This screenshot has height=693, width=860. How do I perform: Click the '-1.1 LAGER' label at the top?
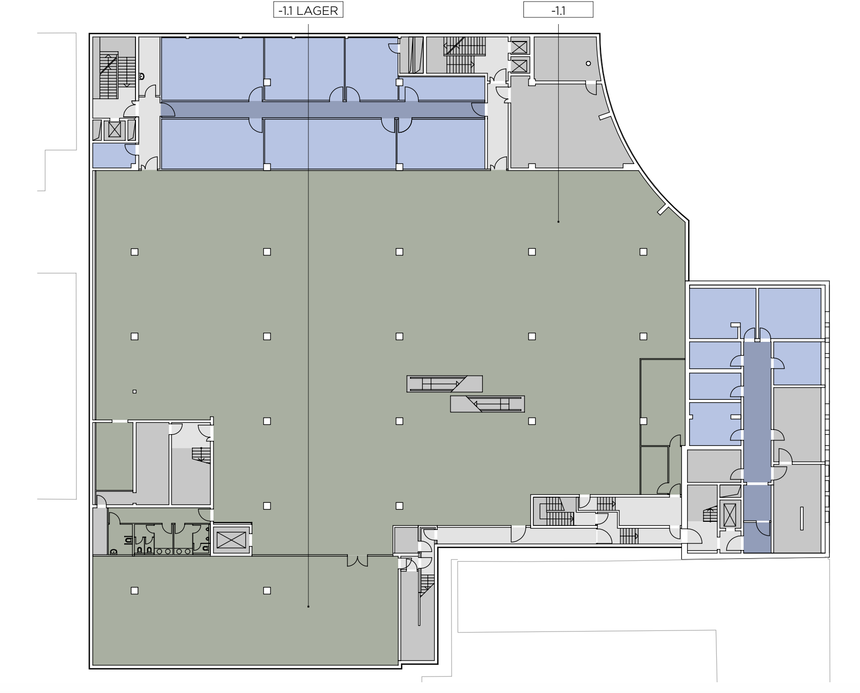pos(308,10)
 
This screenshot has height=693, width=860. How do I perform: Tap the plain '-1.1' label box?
pos(558,10)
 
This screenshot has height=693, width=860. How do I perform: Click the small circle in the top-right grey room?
pos(588,64)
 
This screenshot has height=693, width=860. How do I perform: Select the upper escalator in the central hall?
pos(444,383)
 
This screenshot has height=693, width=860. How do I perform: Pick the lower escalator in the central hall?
pos(487,404)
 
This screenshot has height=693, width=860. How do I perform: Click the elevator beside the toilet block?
pos(231,540)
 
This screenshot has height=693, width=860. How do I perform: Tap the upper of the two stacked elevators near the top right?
pos(519,47)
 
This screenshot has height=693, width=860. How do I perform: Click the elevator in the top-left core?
pos(114,130)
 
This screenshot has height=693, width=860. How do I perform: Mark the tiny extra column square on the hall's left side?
pos(134,392)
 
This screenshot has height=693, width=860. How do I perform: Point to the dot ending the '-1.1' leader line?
pos(558,221)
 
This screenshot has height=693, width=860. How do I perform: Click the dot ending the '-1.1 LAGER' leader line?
pos(308,607)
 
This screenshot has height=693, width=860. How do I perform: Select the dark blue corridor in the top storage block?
pos(323,109)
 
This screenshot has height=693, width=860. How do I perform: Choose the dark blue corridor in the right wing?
pos(757,446)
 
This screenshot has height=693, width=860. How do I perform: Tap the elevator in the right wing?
pos(729,515)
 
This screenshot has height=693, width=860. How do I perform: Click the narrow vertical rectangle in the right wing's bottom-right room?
pos(802,518)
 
